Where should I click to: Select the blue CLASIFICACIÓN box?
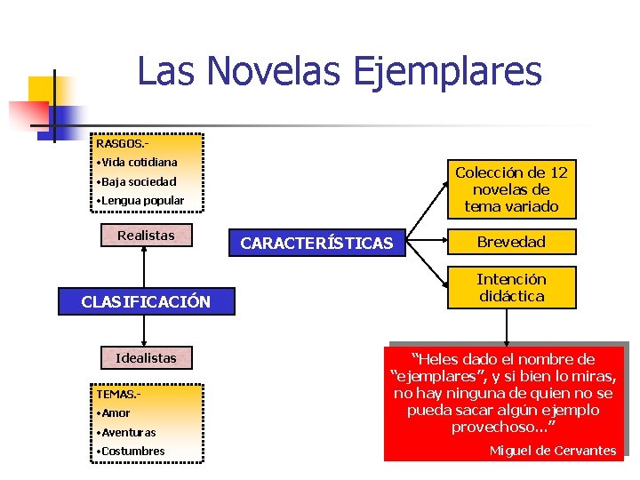(x=146, y=301)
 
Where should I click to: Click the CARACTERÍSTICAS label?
(x=316, y=243)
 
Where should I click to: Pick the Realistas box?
(x=146, y=236)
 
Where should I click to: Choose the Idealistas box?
(x=146, y=358)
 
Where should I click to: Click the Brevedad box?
(x=511, y=242)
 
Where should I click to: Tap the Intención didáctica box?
(x=511, y=287)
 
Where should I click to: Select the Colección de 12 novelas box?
(x=511, y=189)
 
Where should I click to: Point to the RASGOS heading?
(x=122, y=143)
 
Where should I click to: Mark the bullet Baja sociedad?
(x=139, y=181)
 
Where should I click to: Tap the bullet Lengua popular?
(x=142, y=200)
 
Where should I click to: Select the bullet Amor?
(x=116, y=412)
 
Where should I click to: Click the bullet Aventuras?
(x=128, y=432)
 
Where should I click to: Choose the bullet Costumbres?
(x=132, y=451)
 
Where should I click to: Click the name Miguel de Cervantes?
(x=552, y=451)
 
